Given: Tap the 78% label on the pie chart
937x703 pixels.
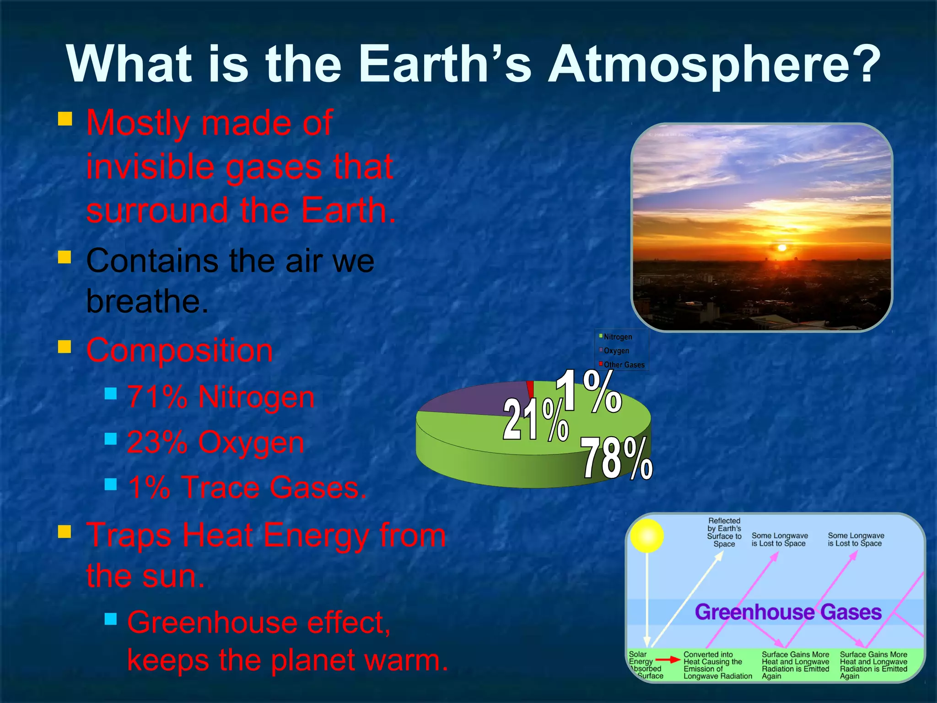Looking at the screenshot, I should (x=616, y=458).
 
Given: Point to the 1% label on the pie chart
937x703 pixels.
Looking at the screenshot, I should (x=588, y=391).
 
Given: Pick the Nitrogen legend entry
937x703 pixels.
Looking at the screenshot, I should (x=617, y=337).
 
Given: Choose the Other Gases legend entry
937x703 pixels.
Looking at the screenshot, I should (x=623, y=365).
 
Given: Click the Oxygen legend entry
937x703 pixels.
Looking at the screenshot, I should (x=616, y=351).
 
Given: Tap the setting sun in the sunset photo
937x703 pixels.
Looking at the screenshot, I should (x=781, y=248).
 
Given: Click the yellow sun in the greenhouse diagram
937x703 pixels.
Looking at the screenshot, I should (x=646, y=535).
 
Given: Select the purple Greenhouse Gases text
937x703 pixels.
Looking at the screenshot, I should (x=787, y=612).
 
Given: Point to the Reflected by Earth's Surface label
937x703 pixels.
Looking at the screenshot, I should (x=724, y=532).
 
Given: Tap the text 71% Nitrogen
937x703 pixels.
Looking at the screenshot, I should (x=221, y=396).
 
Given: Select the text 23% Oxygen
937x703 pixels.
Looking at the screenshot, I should (x=215, y=442).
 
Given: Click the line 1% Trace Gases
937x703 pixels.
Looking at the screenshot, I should (x=247, y=487).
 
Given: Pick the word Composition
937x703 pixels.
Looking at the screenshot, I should (x=180, y=350).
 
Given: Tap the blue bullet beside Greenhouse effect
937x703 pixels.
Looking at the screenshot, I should (x=111, y=620).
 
